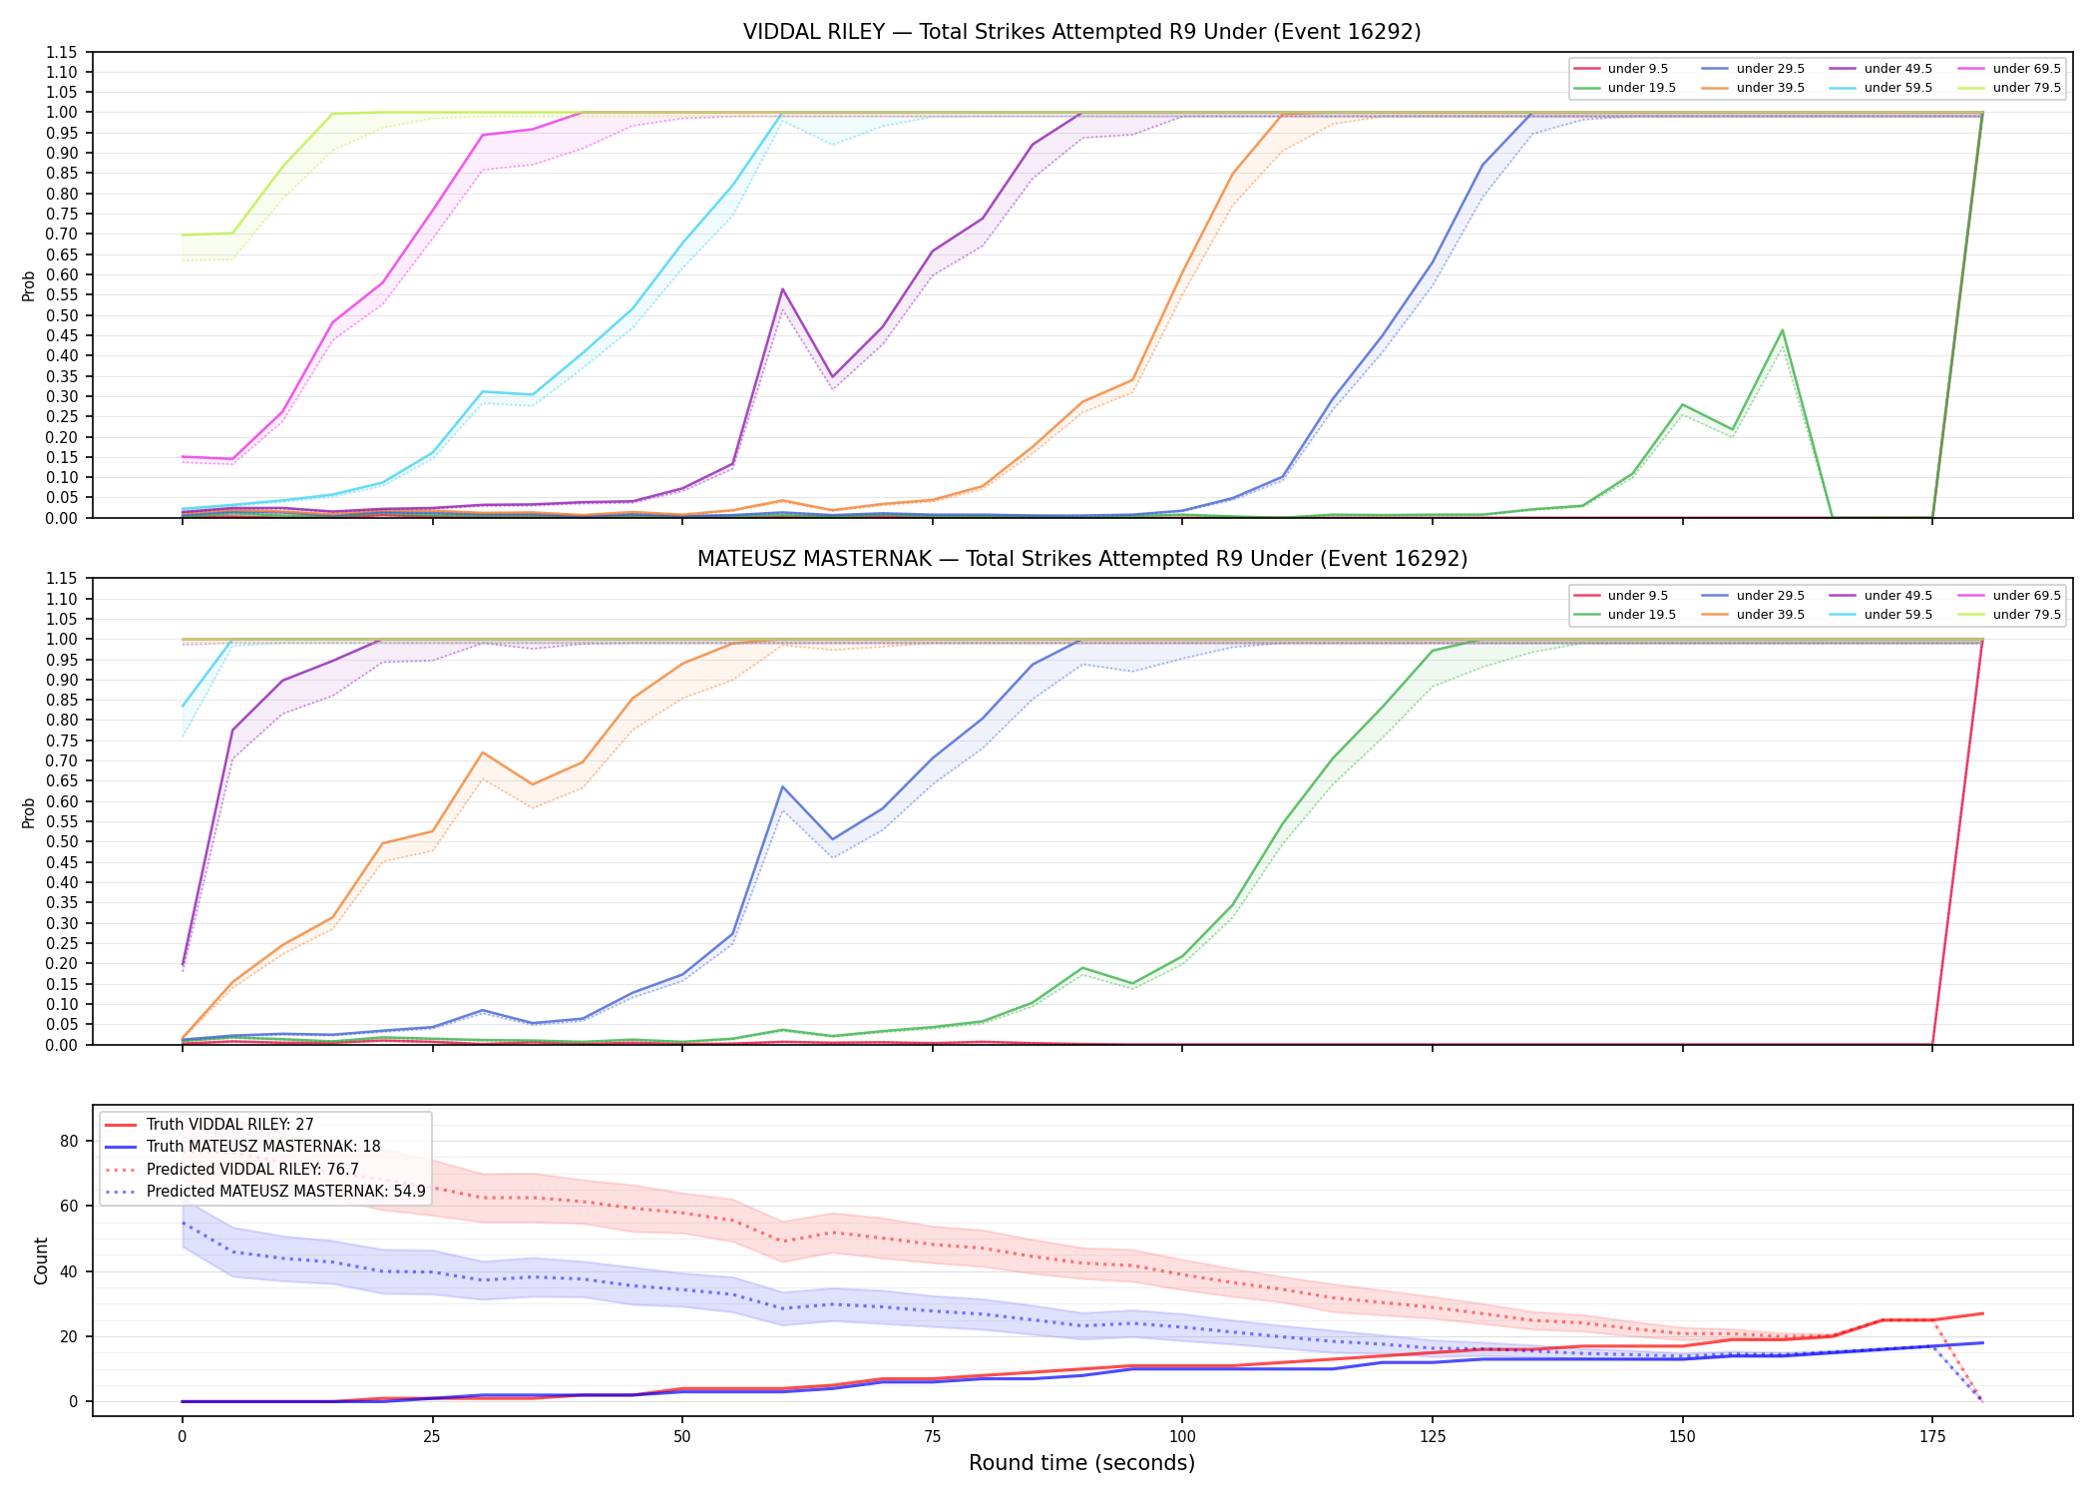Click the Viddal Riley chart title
(1081, 32)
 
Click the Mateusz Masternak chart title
(1081, 559)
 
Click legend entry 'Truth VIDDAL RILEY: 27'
(229, 1125)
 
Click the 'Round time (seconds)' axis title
(1081, 1463)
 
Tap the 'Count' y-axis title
(41, 1260)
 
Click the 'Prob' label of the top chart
(29, 285)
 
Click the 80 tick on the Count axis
(70, 1142)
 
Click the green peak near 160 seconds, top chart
(1782, 330)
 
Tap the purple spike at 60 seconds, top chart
(782, 289)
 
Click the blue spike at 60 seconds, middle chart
(782, 786)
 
